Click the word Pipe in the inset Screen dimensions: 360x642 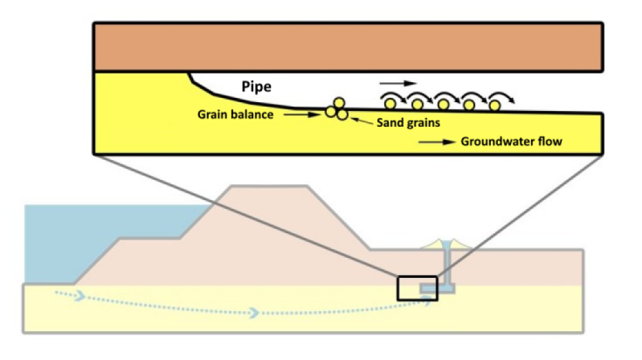(257, 87)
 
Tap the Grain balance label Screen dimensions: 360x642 (234, 115)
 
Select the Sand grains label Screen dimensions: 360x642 (408, 123)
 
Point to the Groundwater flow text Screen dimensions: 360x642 (512, 142)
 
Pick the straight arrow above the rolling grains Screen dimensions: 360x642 (397, 83)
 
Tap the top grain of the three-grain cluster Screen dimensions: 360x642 (339, 103)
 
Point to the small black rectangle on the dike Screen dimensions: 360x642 (418, 288)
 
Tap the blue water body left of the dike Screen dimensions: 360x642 (94, 238)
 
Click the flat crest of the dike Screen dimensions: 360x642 (270, 187)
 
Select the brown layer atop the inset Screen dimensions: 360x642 (348, 48)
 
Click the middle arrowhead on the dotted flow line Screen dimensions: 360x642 (255, 312)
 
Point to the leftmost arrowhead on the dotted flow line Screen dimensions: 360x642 (79, 295)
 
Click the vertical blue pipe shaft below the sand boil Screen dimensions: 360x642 (448, 267)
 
